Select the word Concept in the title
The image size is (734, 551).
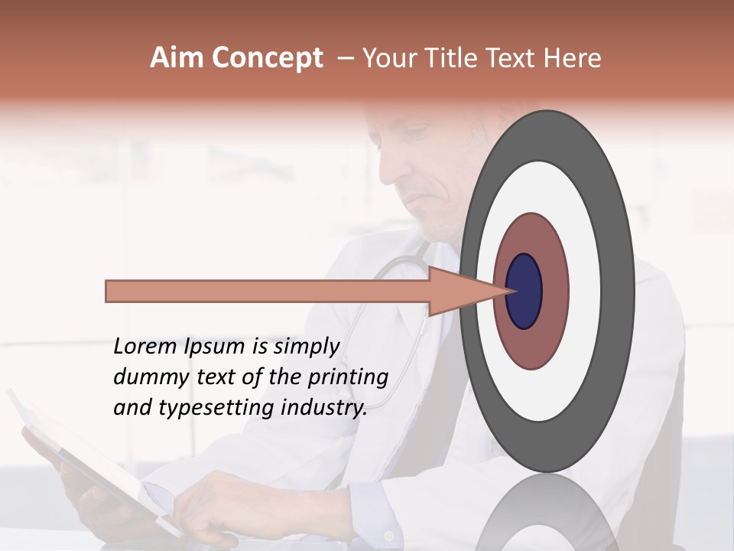click(266, 58)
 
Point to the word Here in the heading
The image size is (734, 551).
click(573, 58)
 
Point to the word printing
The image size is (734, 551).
click(347, 378)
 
